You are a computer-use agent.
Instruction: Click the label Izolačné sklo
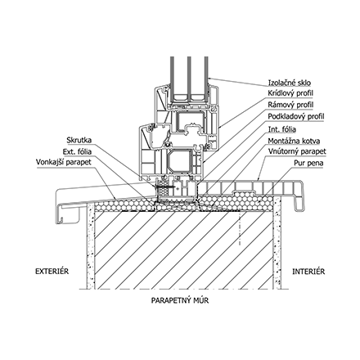click(290, 83)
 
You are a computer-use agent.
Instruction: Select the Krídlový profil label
click(290, 94)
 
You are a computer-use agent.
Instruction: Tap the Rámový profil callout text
click(289, 106)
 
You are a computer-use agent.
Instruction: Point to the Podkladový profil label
click(295, 117)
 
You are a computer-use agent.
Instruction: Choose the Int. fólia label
click(282, 128)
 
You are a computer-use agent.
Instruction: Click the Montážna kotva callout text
click(294, 140)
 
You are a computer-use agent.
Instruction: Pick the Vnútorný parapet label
click(295, 151)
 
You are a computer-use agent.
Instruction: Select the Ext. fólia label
click(80, 152)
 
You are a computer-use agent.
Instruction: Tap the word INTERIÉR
click(308, 270)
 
